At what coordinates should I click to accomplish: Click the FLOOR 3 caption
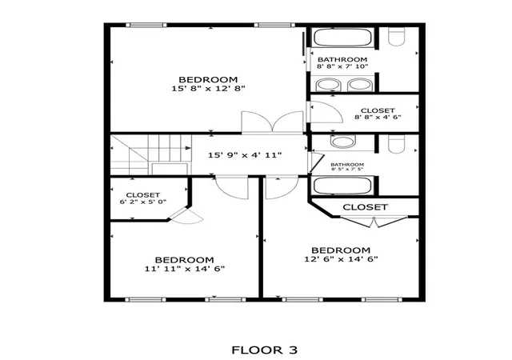click(x=265, y=350)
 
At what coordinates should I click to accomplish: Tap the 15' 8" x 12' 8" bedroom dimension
click(x=208, y=89)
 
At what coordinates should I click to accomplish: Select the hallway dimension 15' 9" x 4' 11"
click(x=245, y=155)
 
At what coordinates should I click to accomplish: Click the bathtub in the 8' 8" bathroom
click(x=343, y=38)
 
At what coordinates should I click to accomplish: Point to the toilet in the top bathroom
click(x=397, y=36)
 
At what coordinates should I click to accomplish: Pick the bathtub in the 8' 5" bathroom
click(x=342, y=186)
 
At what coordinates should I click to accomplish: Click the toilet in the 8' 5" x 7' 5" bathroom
click(x=397, y=144)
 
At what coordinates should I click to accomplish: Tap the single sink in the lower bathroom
click(x=342, y=142)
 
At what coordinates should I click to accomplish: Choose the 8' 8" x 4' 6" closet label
click(x=378, y=114)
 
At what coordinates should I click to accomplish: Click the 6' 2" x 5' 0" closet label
click(x=143, y=198)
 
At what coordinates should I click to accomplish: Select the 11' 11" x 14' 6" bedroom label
click(x=185, y=264)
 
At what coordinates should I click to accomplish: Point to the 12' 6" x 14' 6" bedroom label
click(x=341, y=254)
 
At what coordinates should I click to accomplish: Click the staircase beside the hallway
click(x=151, y=155)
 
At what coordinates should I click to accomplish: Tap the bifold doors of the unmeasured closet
click(x=374, y=222)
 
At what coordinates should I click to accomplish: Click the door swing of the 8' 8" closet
click(x=326, y=112)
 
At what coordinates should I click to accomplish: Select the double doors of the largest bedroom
click(x=272, y=122)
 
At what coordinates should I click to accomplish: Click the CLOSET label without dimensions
click(x=366, y=207)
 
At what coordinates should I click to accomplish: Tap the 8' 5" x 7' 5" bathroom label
click(x=347, y=166)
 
